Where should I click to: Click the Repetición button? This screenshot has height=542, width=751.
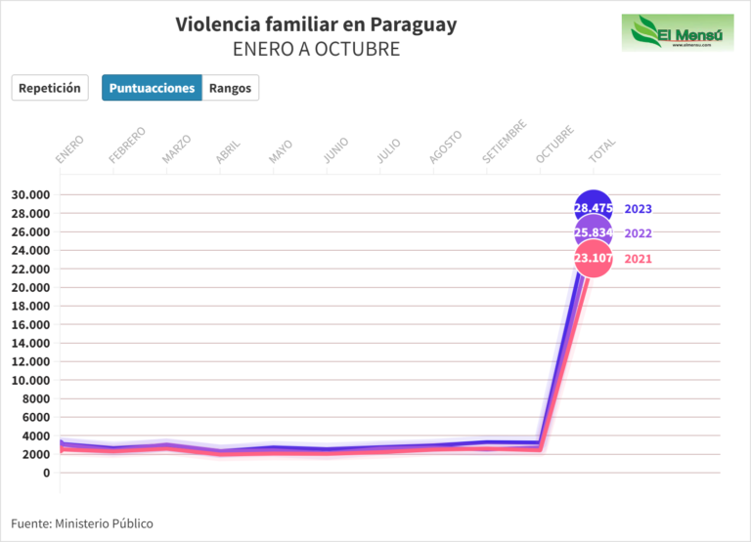[x=50, y=88]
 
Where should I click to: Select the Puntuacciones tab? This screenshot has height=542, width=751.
[x=152, y=88]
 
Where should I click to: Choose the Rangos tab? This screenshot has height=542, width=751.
[x=230, y=88]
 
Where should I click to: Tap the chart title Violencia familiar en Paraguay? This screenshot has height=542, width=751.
[x=316, y=24]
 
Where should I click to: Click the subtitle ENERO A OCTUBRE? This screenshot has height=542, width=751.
[x=316, y=49]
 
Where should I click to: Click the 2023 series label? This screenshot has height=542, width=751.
[x=638, y=209]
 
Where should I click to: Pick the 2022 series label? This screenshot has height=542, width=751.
[x=638, y=233]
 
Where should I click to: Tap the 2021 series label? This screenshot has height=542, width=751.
[x=638, y=259]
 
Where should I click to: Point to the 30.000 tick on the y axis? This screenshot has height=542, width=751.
[x=30, y=194]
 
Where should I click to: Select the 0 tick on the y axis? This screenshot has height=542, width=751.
[x=46, y=473]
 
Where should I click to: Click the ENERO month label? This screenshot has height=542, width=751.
[x=69, y=149]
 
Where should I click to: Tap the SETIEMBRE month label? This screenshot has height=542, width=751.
[x=506, y=142]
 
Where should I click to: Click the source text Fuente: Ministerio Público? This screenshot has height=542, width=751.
[x=82, y=523]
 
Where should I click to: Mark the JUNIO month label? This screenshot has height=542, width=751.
[x=335, y=148]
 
